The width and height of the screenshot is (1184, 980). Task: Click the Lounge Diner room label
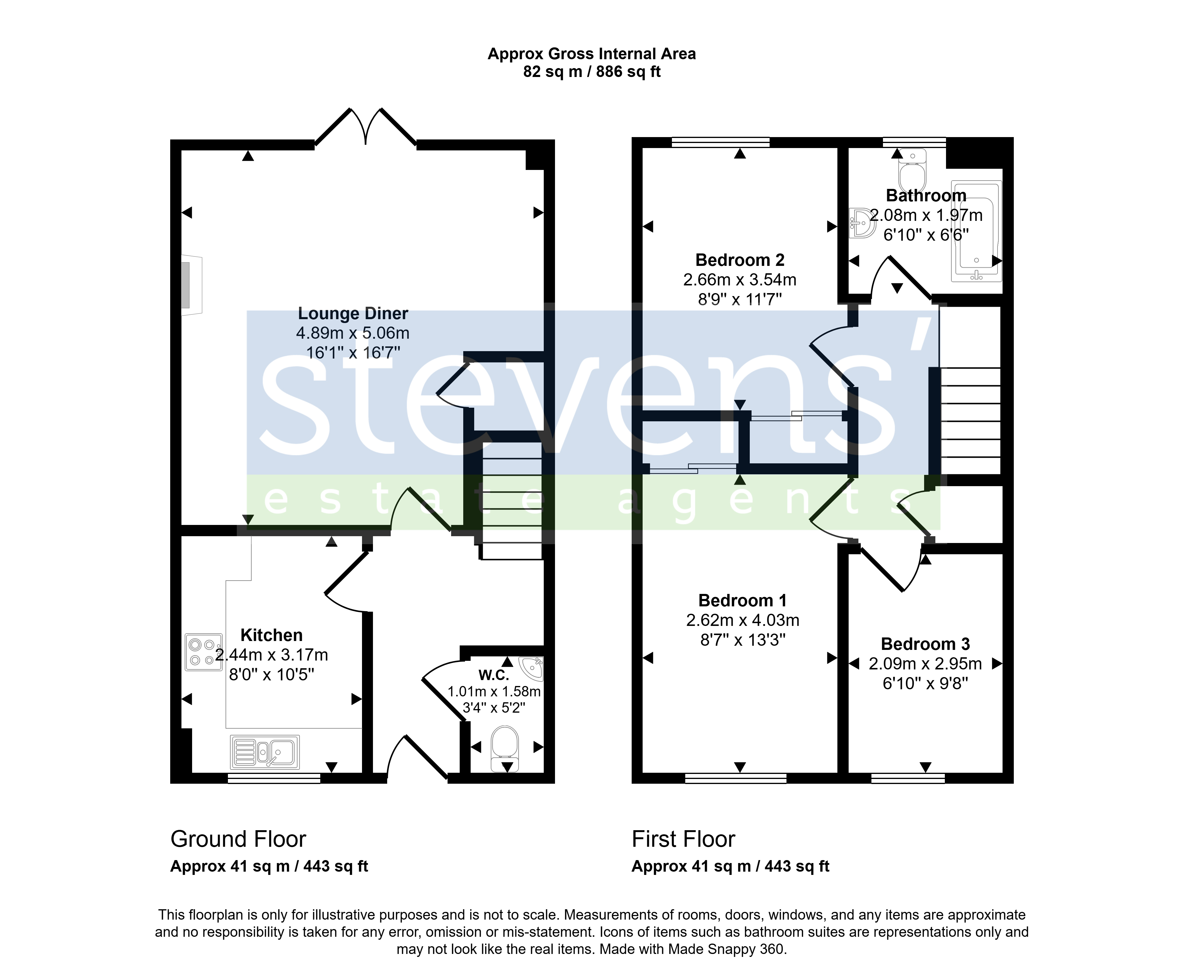(x=353, y=314)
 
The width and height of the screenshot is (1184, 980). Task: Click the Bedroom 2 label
(x=740, y=260)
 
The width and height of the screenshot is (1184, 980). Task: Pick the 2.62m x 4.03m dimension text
(x=743, y=620)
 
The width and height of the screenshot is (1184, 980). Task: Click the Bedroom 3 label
(x=925, y=644)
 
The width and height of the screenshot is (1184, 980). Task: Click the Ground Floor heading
(x=238, y=839)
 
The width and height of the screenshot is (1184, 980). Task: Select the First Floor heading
(x=683, y=839)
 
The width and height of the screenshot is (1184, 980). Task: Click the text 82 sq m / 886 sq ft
(x=592, y=72)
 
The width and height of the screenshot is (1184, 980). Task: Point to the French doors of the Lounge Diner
(x=365, y=127)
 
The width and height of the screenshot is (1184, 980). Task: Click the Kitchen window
(x=274, y=778)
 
